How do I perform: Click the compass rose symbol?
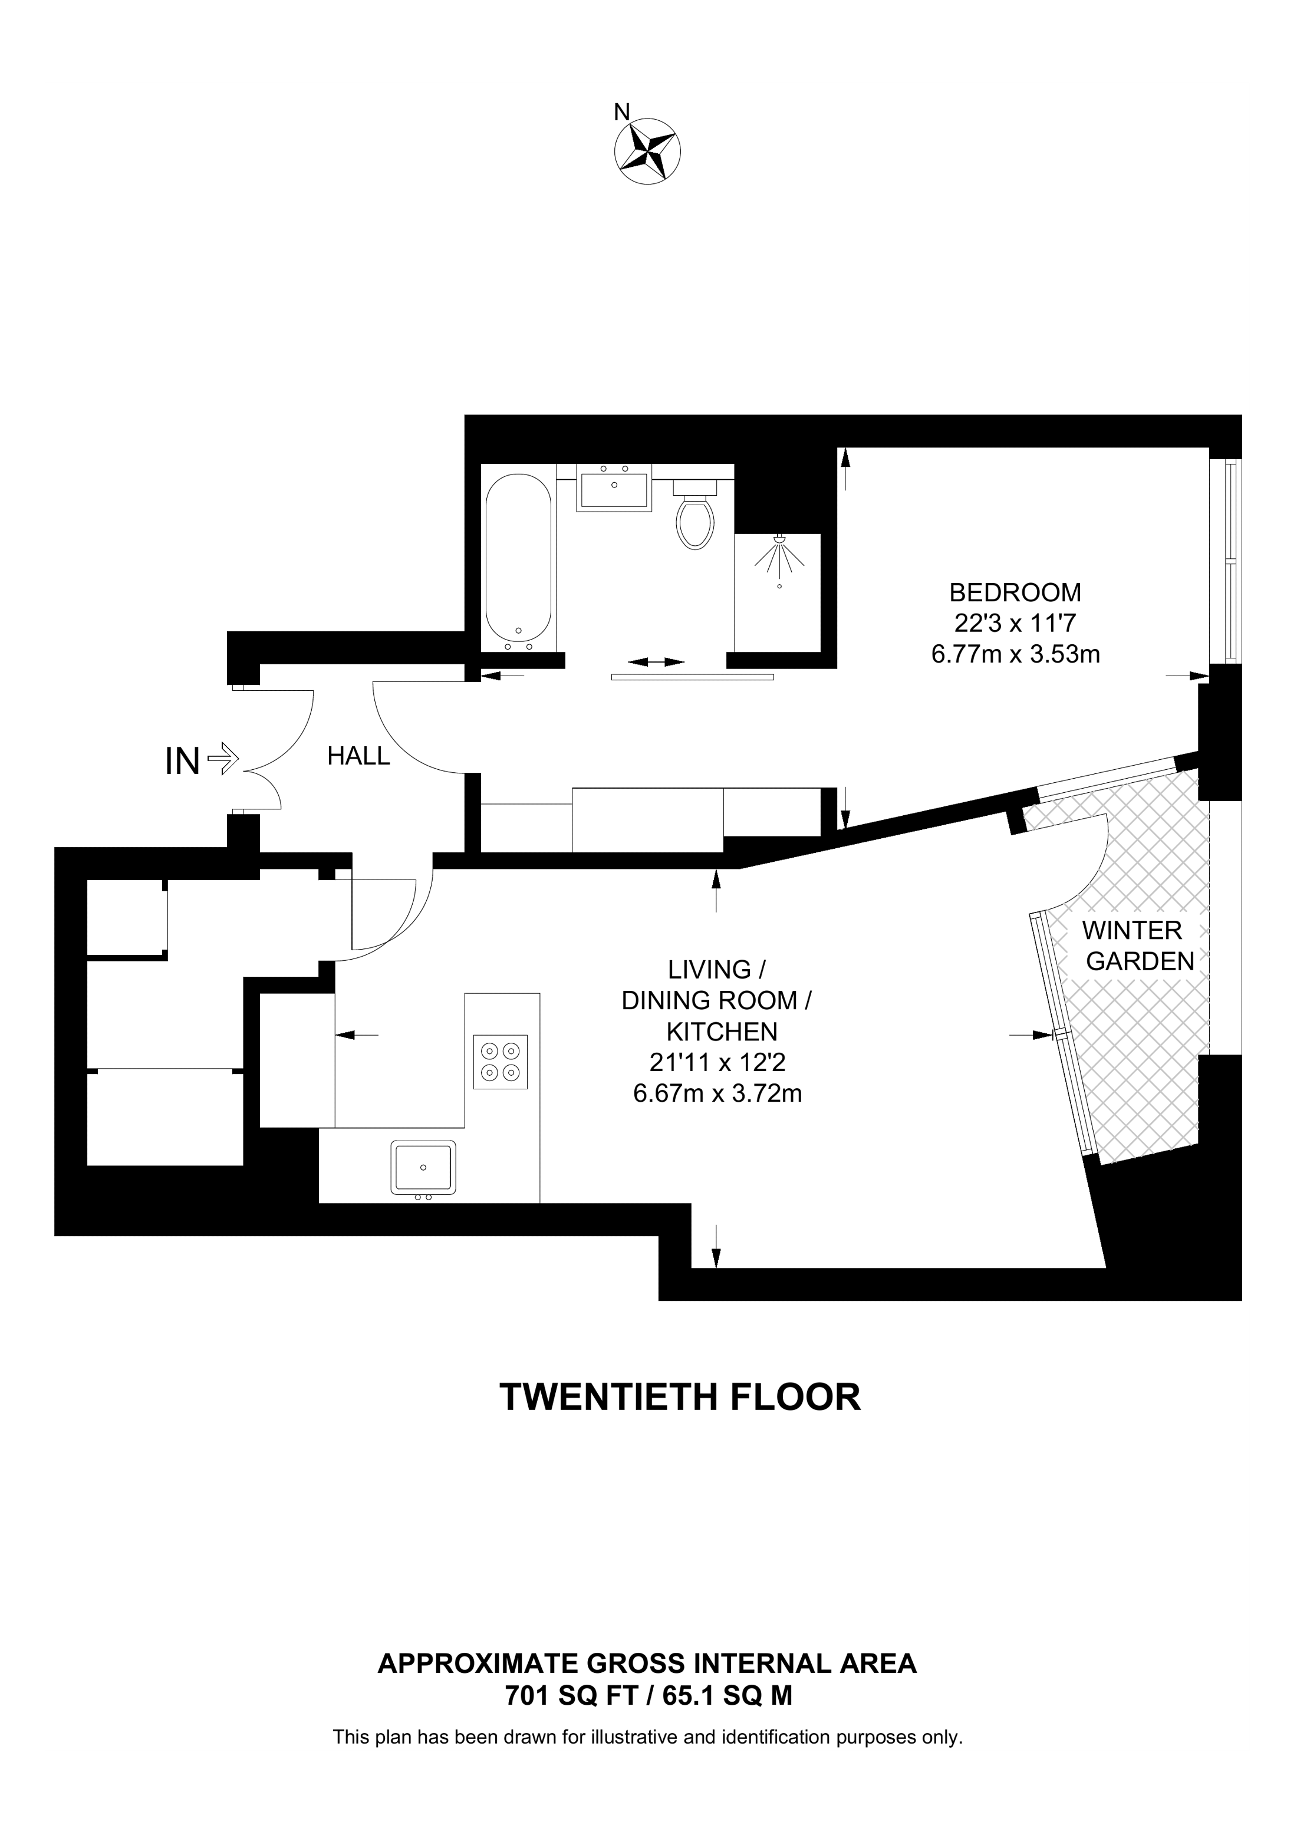(x=647, y=150)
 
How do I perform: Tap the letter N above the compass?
(x=621, y=113)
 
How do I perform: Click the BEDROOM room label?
(x=1015, y=592)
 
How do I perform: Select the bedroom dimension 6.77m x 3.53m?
(x=1015, y=654)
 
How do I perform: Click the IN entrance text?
(x=182, y=761)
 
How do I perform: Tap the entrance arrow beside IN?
(x=223, y=759)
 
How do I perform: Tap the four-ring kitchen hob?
(x=501, y=1062)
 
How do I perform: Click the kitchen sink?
(x=423, y=1168)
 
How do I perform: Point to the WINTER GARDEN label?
(x=1140, y=945)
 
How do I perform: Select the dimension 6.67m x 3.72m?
(x=717, y=1092)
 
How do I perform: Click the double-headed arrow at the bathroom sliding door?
(x=656, y=662)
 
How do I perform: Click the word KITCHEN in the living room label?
(x=722, y=1032)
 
